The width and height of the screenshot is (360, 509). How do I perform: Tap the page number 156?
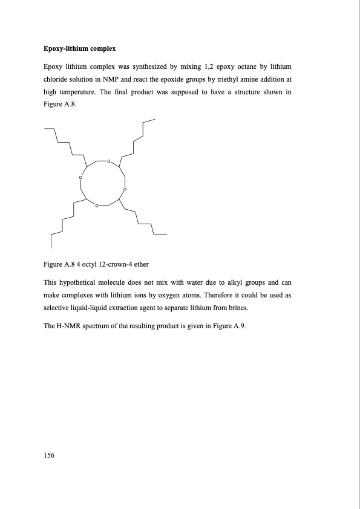pos(50,455)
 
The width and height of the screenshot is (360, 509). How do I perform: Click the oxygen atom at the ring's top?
pos(108,161)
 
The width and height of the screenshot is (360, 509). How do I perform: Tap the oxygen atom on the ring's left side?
pos(80,177)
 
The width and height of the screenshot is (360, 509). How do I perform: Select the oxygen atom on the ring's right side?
pos(124,190)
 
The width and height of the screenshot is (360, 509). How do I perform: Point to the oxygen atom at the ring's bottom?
pos(96,206)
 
